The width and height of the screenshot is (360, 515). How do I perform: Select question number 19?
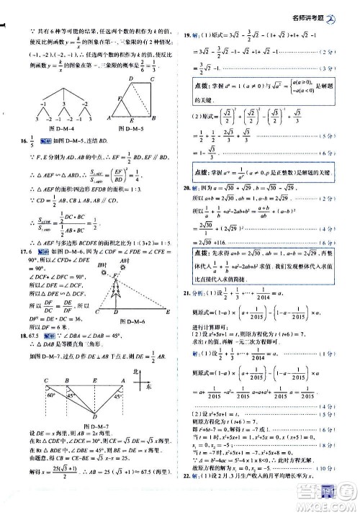click(x=186, y=35)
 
